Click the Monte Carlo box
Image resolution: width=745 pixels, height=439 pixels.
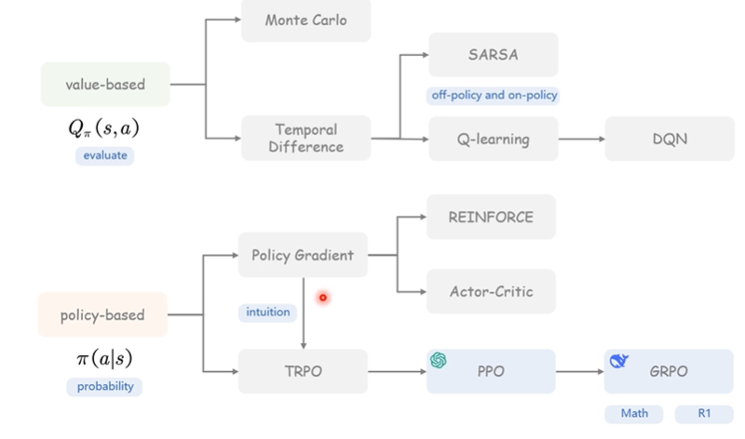click(305, 20)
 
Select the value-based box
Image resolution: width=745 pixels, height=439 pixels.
click(105, 84)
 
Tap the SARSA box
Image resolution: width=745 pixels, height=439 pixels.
click(493, 55)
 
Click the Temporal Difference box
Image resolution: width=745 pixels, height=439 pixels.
click(305, 138)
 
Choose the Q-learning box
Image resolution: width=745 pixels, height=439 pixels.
click(493, 139)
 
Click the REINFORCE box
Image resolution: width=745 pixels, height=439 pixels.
click(491, 217)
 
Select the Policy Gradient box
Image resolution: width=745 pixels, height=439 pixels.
click(303, 255)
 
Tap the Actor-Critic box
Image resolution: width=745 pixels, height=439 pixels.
click(491, 291)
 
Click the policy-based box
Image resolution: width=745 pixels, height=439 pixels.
click(102, 314)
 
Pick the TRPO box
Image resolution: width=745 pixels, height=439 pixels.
click(303, 370)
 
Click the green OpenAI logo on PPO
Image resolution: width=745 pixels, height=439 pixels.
click(438, 360)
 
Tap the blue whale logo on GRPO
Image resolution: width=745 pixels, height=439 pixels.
click(616, 361)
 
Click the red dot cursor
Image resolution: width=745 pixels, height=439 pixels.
click(323, 298)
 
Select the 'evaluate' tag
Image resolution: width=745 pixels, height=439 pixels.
click(104, 156)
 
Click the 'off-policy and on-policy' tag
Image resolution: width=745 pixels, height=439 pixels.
click(494, 95)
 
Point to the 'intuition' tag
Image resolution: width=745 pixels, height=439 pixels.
click(268, 312)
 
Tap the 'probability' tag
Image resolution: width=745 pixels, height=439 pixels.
click(104, 386)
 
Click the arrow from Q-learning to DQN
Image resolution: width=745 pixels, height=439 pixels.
click(581, 139)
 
